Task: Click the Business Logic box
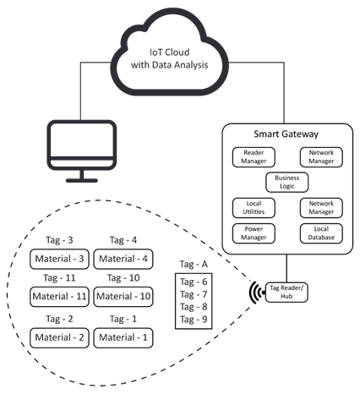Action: pos(287,181)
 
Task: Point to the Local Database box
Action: pos(321,233)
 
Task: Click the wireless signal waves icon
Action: pos(254,292)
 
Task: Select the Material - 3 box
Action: pos(60,258)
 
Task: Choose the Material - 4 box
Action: pos(123,258)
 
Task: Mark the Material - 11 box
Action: pos(60,297)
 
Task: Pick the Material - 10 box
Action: pos(123,297)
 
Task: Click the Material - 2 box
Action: pos(60,337)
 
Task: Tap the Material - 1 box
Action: pos(123,337)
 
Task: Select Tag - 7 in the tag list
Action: pos(191,293)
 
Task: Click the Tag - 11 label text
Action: pos(60,278)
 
